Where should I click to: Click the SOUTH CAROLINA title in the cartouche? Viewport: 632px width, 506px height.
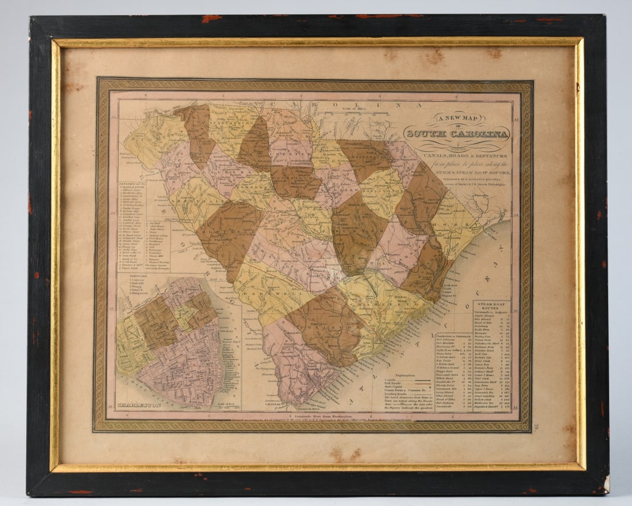[x=457, y=135]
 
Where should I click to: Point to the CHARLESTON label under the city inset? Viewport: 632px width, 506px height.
[x=140, y=405]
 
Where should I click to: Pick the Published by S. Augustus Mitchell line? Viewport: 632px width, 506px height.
[x=457, y=178]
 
